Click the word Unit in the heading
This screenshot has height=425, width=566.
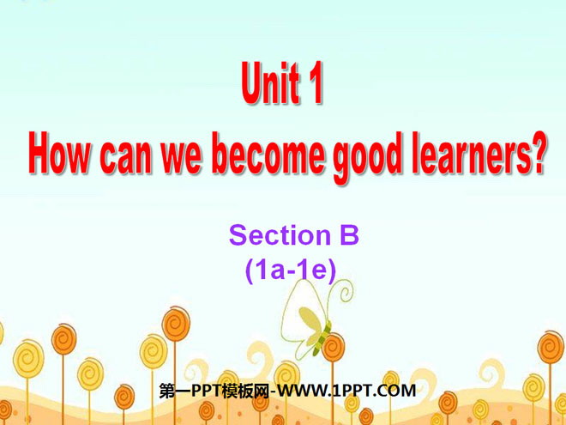click(271, 84)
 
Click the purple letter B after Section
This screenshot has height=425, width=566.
click(348, 235)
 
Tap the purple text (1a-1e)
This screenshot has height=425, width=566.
click(291, 270)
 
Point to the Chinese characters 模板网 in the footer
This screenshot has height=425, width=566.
click(245, 391)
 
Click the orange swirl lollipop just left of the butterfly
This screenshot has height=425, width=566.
click(176, 324)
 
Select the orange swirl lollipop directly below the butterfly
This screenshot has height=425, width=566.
click(333, 348)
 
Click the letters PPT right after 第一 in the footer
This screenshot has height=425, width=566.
click(207, 391)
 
